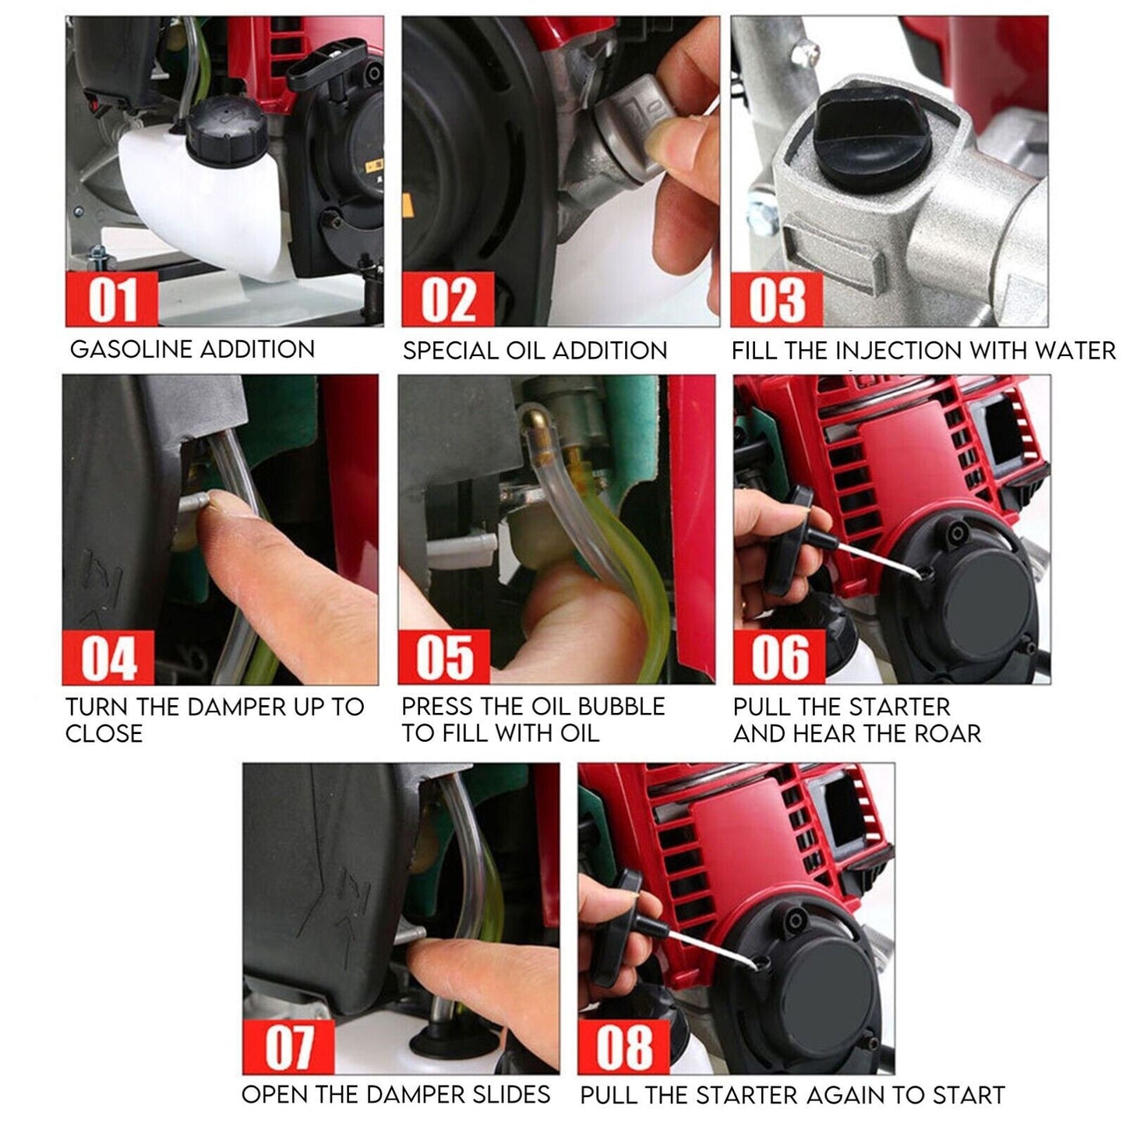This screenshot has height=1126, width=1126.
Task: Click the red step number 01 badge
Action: (x=111, y=298)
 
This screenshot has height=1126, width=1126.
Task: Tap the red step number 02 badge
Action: (x=448, y=298)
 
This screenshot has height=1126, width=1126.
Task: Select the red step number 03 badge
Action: (x=777, y=298)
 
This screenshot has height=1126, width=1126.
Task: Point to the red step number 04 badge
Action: (x=108, y=658)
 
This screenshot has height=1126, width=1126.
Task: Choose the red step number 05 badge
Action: (x=444, y=658)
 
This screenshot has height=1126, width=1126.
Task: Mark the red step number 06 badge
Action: (x=779, y=658)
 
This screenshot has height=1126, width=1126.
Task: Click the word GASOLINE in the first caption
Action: (x=132, y=349)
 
